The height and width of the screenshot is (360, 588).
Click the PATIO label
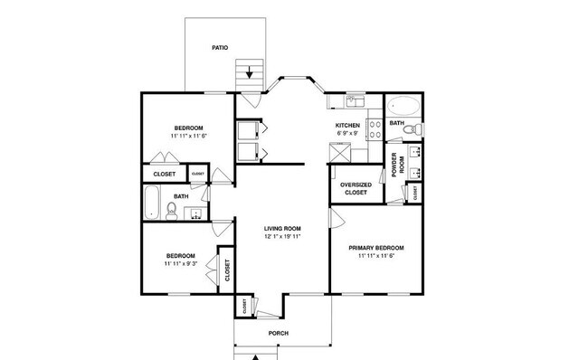point(219,47)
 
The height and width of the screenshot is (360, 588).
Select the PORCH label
point(279,332)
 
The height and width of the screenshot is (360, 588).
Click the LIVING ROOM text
point(282,228)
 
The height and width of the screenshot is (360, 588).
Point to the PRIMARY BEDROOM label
point(376,247)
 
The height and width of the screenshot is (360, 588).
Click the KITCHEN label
point(347,125)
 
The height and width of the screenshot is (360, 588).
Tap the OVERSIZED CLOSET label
point(355,188)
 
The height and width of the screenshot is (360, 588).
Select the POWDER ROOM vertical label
point(394,164)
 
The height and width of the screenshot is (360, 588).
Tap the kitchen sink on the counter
point(353,99)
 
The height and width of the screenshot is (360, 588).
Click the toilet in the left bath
point(170,211)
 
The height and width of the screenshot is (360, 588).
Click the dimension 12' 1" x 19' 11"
point(282,237)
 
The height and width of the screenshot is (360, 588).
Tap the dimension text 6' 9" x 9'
point(347,134)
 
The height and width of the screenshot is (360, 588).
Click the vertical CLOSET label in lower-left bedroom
point(227,270)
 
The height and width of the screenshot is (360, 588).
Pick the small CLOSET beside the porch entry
point(245,307)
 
